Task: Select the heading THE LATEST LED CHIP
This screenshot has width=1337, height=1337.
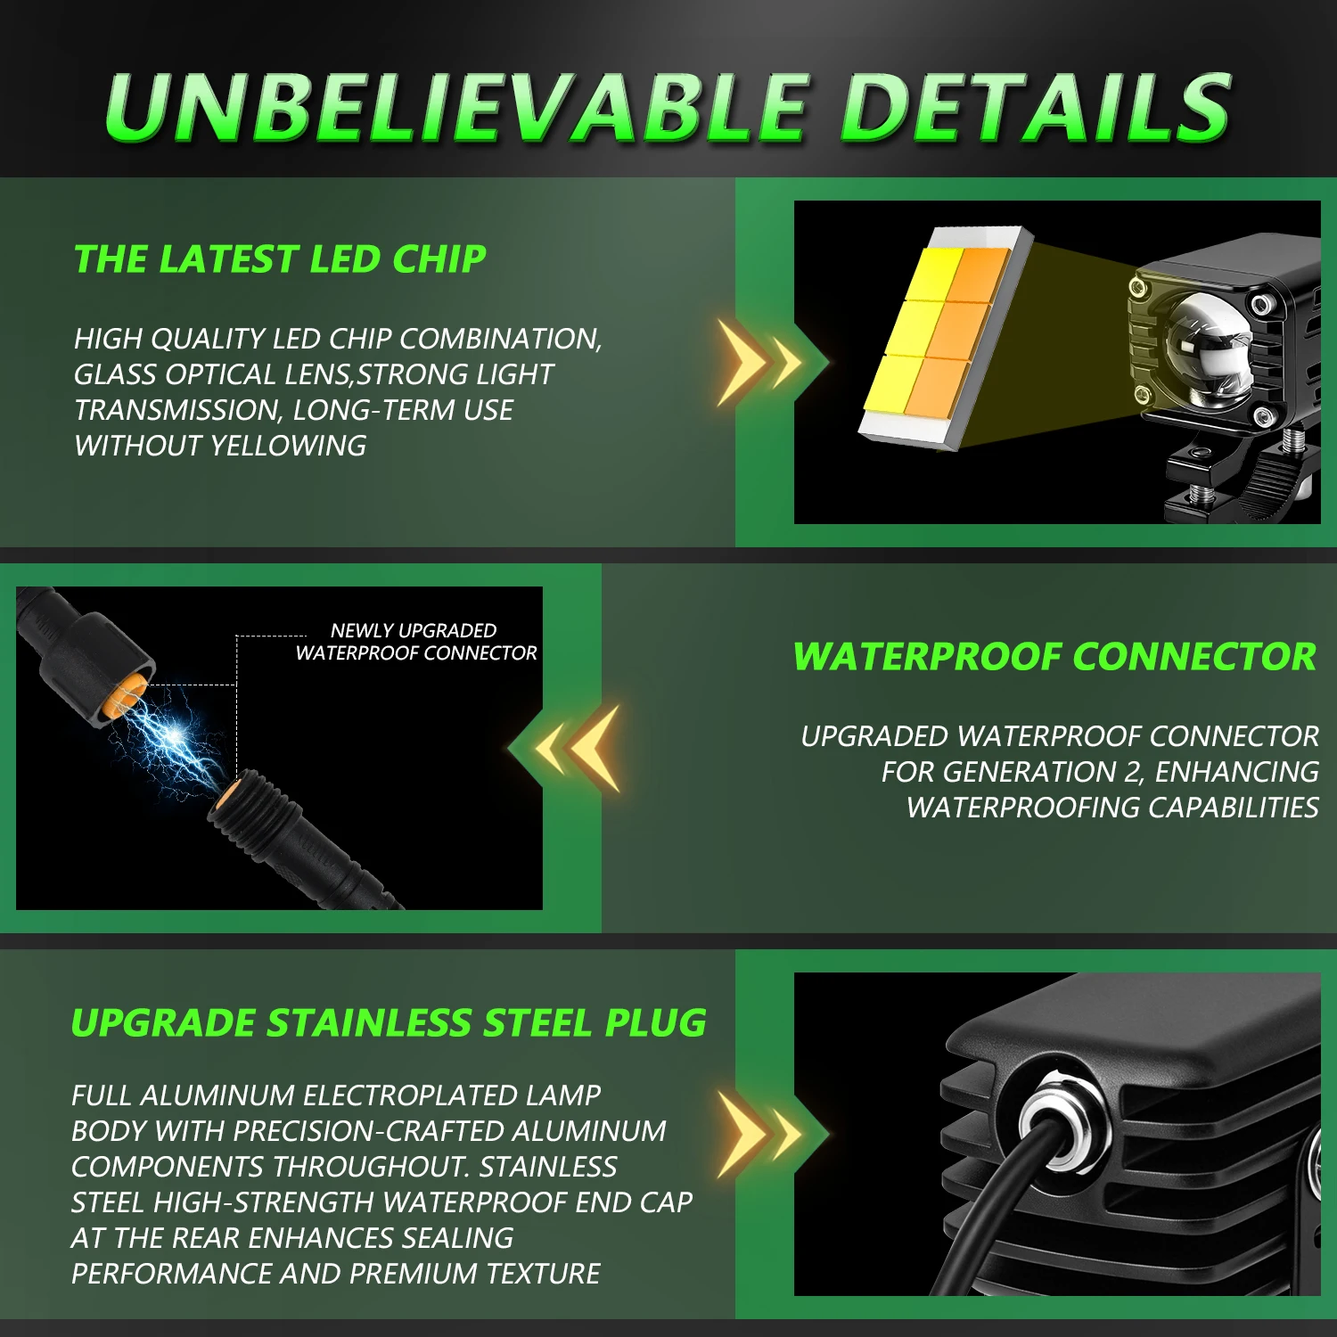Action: [x=280, y=259]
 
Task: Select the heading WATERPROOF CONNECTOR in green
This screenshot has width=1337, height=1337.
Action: [x=1054, y=657]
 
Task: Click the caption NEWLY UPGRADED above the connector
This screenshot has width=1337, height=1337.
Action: [x=414, y=630]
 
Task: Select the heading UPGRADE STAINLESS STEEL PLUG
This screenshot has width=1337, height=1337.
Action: [x=389, y=1023]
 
